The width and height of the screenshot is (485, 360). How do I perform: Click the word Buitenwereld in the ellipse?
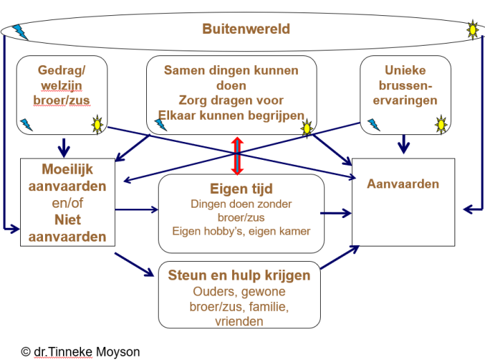(x=246, y=29)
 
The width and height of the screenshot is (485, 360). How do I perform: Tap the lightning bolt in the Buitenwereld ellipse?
(x=20, y=32)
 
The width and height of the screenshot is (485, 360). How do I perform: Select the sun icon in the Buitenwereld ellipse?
(x=473, y=30)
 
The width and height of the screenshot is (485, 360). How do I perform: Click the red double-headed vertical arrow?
(x=237, y=156)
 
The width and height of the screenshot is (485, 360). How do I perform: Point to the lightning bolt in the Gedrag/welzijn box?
(x=26, y=125)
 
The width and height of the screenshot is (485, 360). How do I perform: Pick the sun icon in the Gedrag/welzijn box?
(x=98, y=125)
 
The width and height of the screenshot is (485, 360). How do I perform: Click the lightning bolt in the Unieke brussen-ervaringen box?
(x=373, y=125)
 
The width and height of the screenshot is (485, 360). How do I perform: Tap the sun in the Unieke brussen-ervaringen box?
(x=441, y=125)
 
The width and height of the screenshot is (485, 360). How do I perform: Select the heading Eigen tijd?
(x=241, y=189)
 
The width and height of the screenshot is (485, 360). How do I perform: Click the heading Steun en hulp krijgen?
(x=239, y=275)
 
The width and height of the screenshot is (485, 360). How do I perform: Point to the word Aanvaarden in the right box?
(x=403, y=184)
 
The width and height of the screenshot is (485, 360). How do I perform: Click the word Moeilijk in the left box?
(x=67, y=170)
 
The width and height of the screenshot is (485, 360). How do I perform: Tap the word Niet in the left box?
(x=68, y=219)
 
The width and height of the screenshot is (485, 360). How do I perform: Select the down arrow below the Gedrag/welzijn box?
(x=64, y=147)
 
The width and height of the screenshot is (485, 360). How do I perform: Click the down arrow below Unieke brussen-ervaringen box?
(x=404, y=144)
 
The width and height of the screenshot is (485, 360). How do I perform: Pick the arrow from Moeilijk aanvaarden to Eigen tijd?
(x=136, y=210)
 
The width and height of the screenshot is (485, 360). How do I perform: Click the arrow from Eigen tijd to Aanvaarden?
(x=336, y=213)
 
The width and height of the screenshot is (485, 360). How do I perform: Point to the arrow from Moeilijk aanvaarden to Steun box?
(x=134, y=264)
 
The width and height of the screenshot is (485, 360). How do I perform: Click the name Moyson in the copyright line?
(x=118, y=352)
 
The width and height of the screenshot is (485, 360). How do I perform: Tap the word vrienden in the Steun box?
(x=239, y=321)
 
